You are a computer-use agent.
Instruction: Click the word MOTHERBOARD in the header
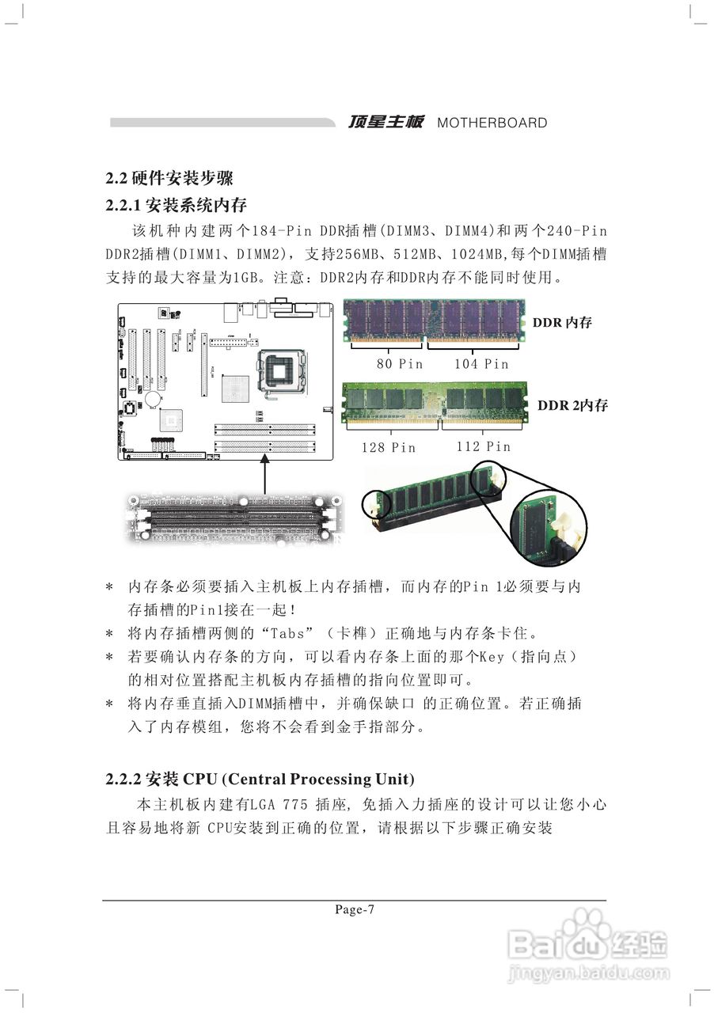point(492,123)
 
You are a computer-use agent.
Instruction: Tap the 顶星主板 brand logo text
point(386,122)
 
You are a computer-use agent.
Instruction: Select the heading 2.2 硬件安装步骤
point(169,178)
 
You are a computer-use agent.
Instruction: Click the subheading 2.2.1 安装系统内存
point(177,206)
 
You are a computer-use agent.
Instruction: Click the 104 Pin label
point(481,364)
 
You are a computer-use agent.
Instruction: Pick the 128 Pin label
point(388,447)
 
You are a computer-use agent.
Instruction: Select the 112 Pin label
point(483,446)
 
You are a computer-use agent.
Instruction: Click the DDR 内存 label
point(562,322)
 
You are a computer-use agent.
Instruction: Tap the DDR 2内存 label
point(572,405)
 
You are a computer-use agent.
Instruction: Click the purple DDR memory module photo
point(434,321)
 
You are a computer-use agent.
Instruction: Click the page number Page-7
point(355,910)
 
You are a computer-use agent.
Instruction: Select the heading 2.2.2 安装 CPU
point(260,779)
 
